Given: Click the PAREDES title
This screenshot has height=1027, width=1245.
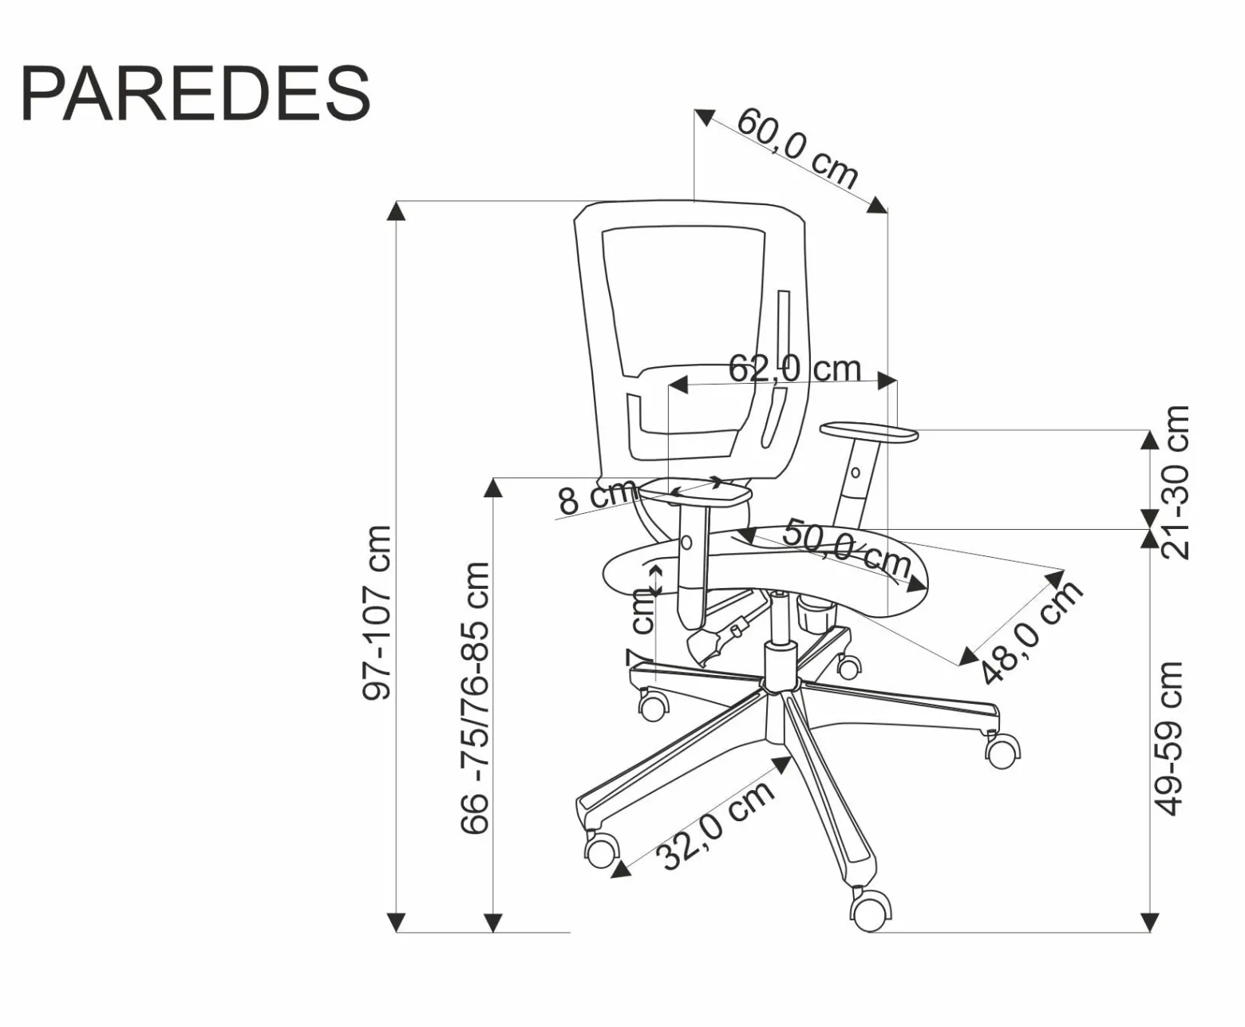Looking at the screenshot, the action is [196, 93].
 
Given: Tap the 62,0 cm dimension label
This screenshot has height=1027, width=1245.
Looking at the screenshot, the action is [795, 369].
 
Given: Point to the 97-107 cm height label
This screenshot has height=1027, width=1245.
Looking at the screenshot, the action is [377, 613].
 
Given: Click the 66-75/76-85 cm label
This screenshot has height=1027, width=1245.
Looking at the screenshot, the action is [475, 697].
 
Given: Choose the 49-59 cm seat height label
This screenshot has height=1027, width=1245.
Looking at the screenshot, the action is [1168, 738].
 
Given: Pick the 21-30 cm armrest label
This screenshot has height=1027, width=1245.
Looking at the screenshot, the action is [1176, 482].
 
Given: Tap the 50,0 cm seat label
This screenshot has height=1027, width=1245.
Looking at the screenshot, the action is [847, 549].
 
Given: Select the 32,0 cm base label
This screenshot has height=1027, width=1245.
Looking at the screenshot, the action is [716, 826].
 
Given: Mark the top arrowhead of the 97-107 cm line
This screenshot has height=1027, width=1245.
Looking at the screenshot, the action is [397, 211].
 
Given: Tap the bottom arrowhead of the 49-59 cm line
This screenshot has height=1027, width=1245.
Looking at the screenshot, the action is [1149, 922].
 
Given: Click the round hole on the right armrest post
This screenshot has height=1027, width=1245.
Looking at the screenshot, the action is [855, 473].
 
